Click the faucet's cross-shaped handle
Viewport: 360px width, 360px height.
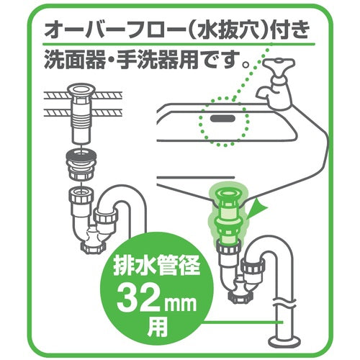point(279,63)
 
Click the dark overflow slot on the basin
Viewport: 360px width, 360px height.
point(222,118)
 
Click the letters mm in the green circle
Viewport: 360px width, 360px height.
point(180,304)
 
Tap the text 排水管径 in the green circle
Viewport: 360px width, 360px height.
point(157,266)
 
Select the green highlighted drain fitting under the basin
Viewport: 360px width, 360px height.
point(226,215)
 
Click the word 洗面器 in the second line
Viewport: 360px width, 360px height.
point(75,60)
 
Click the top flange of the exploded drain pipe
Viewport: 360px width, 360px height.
point(81,90)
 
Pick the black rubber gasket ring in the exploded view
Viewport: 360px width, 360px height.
point(81,156)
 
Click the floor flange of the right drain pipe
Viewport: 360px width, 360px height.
point(284,341)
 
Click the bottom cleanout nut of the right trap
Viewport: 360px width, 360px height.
point(239,297)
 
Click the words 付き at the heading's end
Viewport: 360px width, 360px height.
point(289,30)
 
